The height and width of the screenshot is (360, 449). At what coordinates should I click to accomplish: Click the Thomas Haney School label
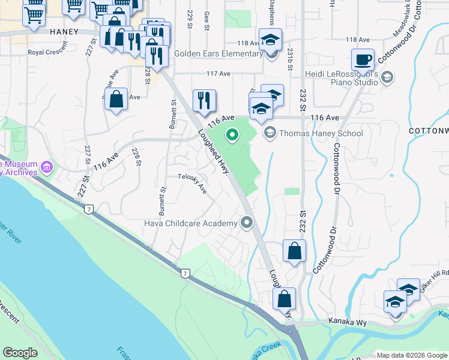click(321, 133)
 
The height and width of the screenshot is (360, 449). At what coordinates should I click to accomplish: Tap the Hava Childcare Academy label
click(191, 224)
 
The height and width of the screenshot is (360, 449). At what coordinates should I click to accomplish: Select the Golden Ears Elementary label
click(218, 53)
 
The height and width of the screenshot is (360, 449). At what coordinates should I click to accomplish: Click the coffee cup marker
click(363, 61)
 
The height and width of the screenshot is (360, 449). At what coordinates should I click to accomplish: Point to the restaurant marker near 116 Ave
click(204, 101)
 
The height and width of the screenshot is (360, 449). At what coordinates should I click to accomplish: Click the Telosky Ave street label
click(192, 182)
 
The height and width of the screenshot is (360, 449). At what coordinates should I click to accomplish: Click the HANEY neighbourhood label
click(64, 31)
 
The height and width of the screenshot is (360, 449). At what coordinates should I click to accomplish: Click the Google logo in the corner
click(20, 353)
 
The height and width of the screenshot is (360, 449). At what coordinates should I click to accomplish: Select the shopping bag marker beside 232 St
click(294, 251)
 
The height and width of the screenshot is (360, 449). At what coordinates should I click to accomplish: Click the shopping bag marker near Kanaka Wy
click(284, 299)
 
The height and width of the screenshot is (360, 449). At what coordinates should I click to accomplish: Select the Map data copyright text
click(412, 355)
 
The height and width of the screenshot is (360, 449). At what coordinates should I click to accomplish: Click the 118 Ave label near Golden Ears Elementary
click(248, 43)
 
